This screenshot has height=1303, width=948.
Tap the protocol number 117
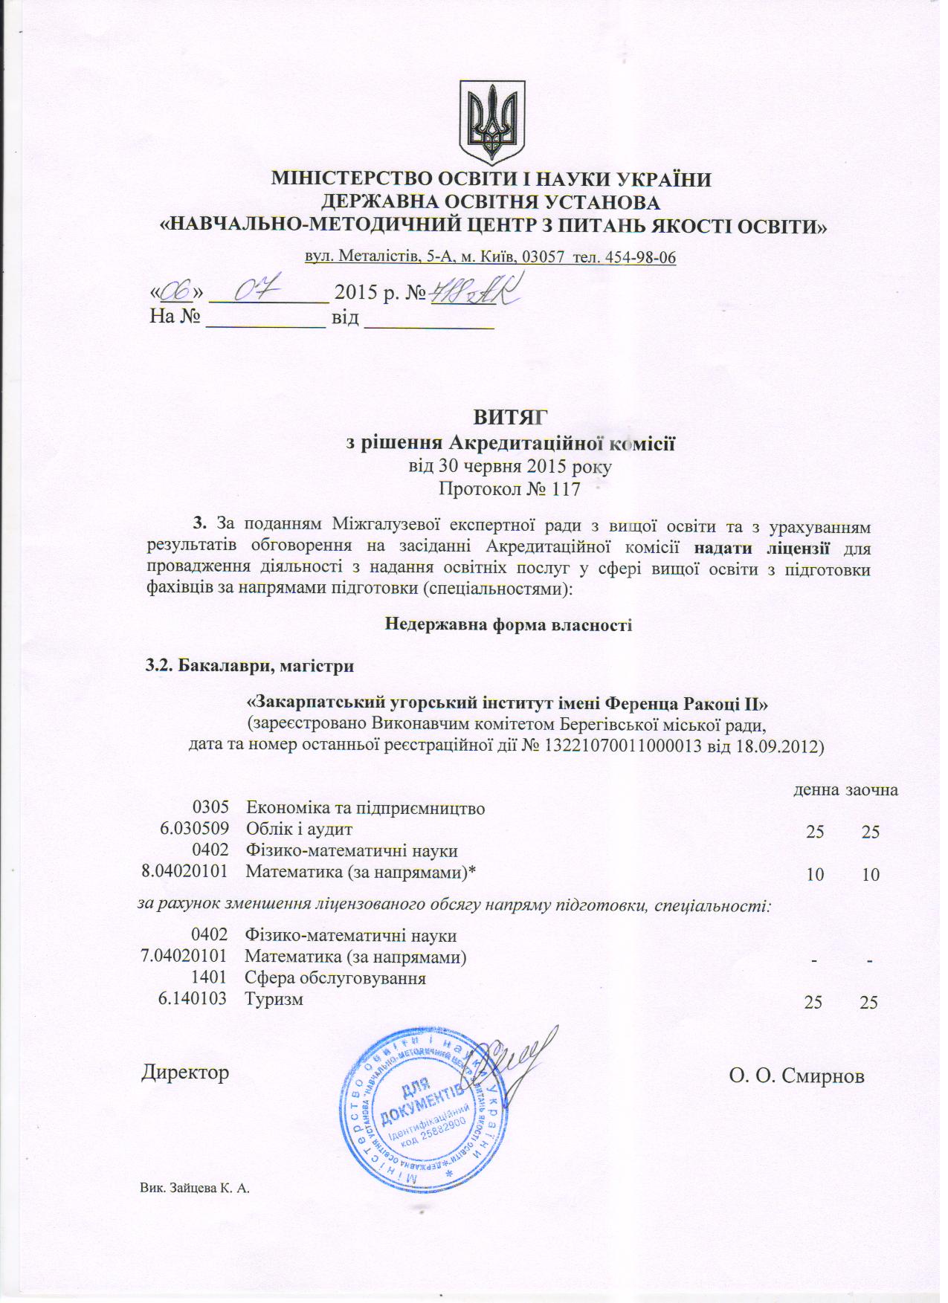point(564,489)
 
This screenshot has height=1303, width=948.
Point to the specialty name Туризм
point(274,999)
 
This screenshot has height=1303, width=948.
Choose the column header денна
point(816,789)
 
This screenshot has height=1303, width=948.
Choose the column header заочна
point(871,789)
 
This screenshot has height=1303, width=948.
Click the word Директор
point(185,1073)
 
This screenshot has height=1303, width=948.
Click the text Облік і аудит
point(299,829)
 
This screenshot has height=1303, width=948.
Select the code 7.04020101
point(184,957)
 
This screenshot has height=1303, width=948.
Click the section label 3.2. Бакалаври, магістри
point(250,665)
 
